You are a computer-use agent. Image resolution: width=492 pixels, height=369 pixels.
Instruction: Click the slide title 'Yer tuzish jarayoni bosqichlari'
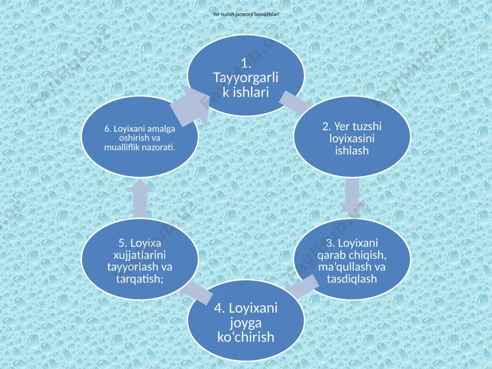pyautogui.click(x=246, y=14)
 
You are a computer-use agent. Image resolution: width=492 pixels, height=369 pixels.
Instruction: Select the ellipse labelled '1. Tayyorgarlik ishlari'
pyautogui.click(x=246, y=75)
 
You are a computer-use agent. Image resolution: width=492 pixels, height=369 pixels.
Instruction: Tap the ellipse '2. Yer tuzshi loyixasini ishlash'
pyautogui.click(x=352, y=137)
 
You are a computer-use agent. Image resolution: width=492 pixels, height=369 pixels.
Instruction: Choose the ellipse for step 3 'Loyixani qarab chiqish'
pyautogui.click(x=352, y=259)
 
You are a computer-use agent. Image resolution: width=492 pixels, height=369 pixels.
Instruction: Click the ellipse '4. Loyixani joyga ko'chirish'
pyautogui.click(x=246, y=321)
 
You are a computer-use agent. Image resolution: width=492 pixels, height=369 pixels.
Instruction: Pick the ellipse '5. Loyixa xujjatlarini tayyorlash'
pyautogui.click(x=140, y=259)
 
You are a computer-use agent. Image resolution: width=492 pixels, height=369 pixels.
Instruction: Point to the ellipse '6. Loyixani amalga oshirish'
pyautogui.click(x=140, y=137)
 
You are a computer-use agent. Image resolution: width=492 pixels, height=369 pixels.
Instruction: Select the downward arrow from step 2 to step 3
pyautogui.click(x=352, y=198)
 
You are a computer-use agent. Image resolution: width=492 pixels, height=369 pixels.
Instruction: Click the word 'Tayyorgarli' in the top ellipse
pyautogui.click(x=246, y=78)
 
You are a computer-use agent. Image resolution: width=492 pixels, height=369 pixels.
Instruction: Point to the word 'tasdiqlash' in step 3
pyautogui.click(x=352, y=278)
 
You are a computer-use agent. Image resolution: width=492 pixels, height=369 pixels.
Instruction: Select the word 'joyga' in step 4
pyautogui.click(x=246, y=323)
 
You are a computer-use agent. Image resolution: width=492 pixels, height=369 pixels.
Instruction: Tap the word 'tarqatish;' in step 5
pyautogui.click(x=140, y=278)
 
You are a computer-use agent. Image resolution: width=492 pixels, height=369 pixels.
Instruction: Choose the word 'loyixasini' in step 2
pyautogui.click(x=352, y=138)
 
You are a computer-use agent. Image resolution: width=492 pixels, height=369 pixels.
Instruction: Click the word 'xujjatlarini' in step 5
pyautogui.click(x=140, y=255)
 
